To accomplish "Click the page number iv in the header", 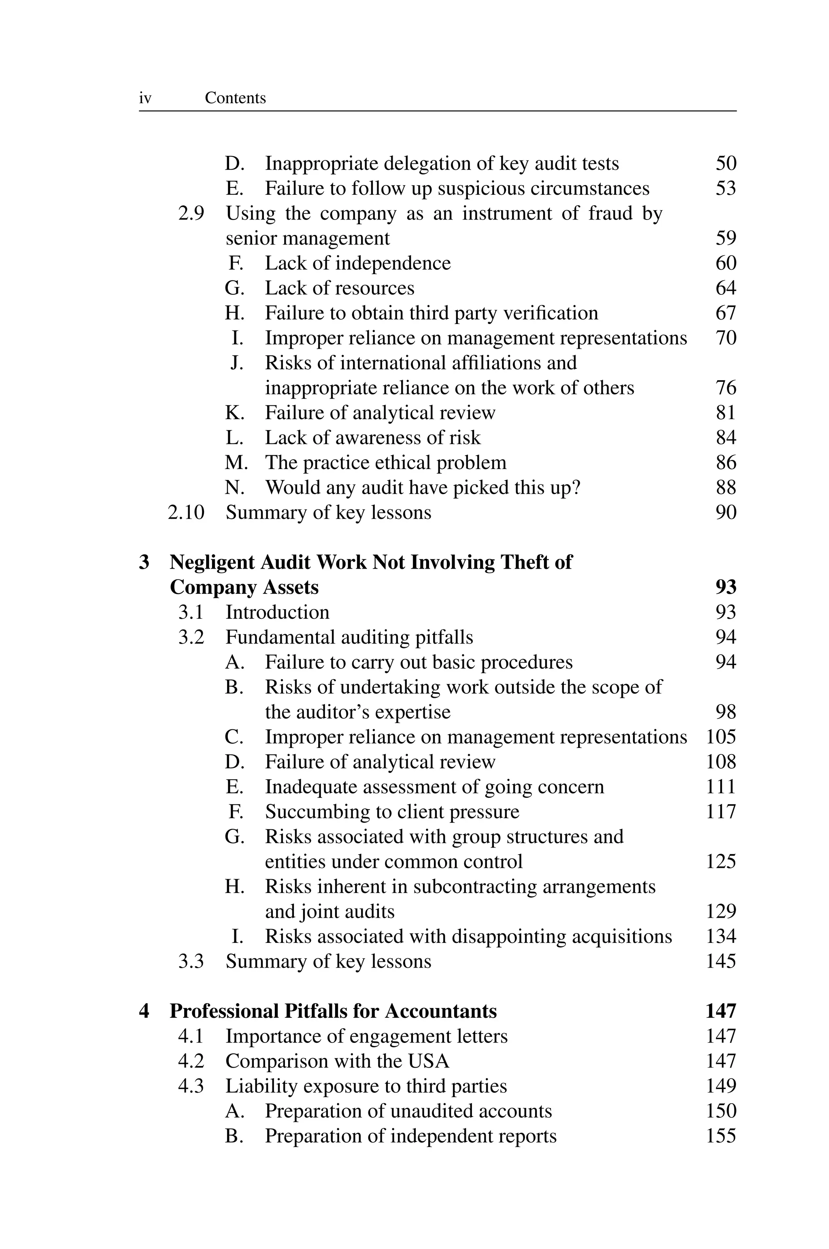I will point(145,98).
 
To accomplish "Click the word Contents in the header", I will point(235,98).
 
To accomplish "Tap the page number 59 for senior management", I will point(725,239).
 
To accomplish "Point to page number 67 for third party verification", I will point(725,313).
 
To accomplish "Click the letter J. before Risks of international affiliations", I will point(236,363).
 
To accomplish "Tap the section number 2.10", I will point(186,513).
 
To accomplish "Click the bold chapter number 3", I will point(144,563).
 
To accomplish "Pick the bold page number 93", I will point(725,587).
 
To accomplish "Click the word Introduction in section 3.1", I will point(278,613).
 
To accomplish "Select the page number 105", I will point(721,737).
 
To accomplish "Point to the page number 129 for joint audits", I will point(721,912).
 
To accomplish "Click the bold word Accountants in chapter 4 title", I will point(440,1012).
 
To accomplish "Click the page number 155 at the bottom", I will point(721,1136).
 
